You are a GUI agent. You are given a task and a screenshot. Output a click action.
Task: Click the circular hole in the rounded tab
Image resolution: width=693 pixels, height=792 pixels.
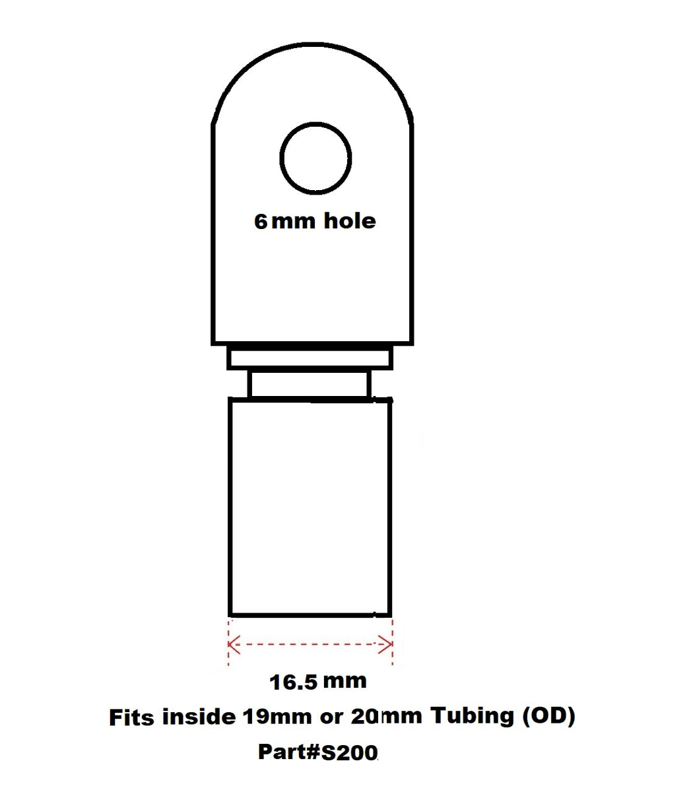[315, 158]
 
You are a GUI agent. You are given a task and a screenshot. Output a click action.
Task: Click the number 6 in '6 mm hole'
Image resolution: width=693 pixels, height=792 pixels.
[261, 221]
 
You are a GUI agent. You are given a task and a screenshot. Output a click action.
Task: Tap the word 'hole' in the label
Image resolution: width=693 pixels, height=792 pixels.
[349, 220]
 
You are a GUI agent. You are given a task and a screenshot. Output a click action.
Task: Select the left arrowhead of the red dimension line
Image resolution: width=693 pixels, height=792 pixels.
[233, 643]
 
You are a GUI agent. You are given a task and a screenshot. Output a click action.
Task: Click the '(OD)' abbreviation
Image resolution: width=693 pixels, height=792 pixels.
[548, 715]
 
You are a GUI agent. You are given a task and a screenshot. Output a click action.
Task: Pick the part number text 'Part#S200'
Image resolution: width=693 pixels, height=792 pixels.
[317, 752]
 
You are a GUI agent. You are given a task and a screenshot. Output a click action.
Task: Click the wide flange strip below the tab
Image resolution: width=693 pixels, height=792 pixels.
[310, 357]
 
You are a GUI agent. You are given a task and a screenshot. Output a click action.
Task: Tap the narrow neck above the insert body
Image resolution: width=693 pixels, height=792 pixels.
[310, 384]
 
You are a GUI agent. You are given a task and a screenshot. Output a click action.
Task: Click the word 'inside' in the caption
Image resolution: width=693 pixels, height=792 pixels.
[199, 717]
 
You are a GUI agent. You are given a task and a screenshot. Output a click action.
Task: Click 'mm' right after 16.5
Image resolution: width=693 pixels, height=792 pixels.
[345, 680]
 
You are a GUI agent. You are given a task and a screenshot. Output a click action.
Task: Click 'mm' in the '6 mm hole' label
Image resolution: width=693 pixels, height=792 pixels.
[294, 222]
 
